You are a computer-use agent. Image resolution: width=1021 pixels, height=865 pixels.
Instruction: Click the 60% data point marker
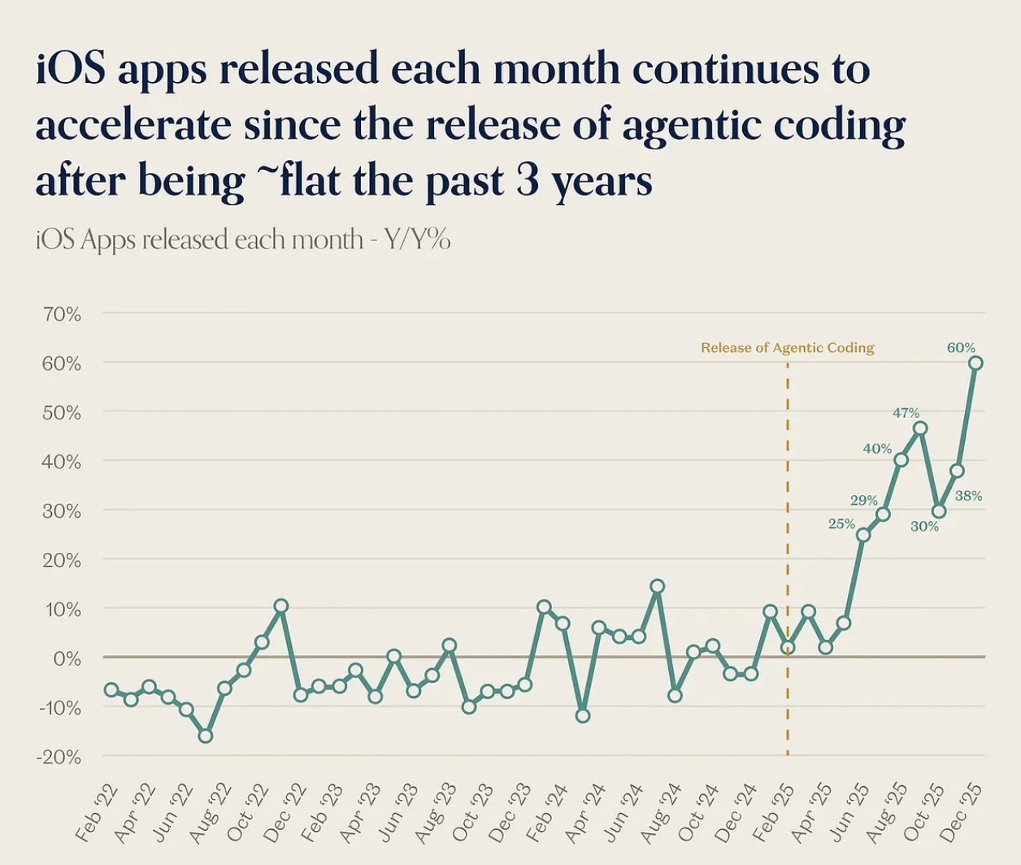click(x=975, y=363)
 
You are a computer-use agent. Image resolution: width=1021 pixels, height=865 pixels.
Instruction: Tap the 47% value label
click(x=906, y=413)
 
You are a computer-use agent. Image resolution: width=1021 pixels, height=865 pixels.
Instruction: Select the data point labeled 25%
click(x=863, y=535)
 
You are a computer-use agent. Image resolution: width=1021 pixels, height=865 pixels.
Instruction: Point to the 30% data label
click(x=924, y=527)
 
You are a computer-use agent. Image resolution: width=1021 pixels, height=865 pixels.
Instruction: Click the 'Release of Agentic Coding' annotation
click(x=787, y=348)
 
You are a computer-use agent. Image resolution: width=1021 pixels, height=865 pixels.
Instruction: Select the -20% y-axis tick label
click(x=60, y=757)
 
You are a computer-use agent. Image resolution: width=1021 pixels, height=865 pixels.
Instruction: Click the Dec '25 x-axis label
click(x=962, y=813)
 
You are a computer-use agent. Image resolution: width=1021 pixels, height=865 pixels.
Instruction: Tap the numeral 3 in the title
click(x=528, y=180)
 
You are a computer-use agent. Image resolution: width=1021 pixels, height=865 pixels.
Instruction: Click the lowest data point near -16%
click(x=206, y=736)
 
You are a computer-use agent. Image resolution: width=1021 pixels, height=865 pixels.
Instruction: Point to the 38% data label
click(x=968, y=496)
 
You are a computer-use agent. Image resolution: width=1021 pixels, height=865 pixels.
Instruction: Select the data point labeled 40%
click(x=901, y=460)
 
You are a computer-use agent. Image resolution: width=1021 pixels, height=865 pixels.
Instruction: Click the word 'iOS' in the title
click(x=71, y=70)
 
